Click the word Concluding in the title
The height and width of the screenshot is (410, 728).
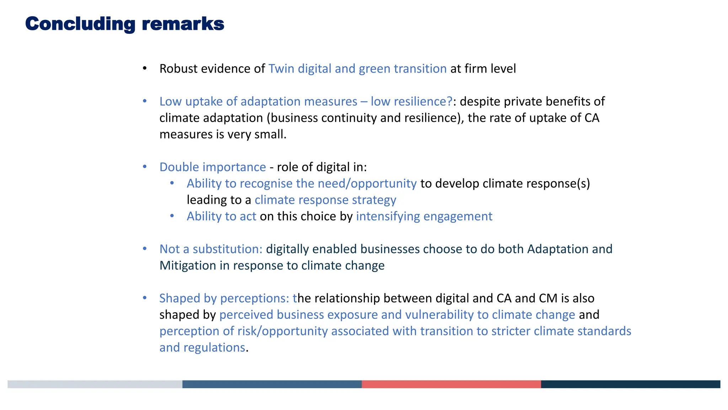pyautogui.click(x=80, y=24)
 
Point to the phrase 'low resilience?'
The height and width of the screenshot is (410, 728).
pyautogui.click(x=412, y=101)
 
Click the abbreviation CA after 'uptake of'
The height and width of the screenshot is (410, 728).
pyautogui.click(x=591, y=118)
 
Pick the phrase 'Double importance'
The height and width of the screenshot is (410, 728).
pyautogui.click(x=213, y=167)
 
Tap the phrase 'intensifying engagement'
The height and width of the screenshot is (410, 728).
pyautogui.click(x=424, y=216)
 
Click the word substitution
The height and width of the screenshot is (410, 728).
pyautogui.click(x=227, y=249)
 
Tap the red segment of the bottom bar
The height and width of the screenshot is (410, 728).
pyautogui.click(x=451, y=384)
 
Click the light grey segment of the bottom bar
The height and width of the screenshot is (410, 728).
pyautogui.click(x=95, y=384)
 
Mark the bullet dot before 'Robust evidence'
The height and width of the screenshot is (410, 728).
pyautogui.click(x=145, y=68)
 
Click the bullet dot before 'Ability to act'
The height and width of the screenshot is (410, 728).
pyautogui.click(x=172, y=216)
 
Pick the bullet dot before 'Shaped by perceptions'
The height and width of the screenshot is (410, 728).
pyautogui.click(x=145, y=298)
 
